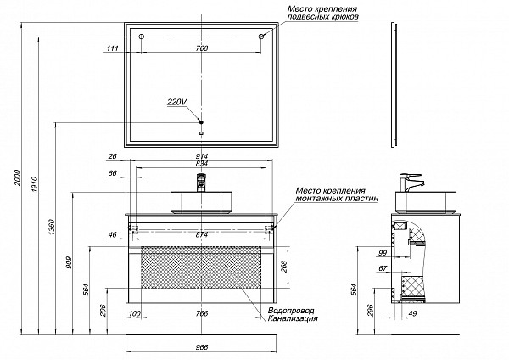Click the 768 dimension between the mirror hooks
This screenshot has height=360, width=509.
click(x=202, y=48)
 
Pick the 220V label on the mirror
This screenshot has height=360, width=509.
click(x=176, y=102)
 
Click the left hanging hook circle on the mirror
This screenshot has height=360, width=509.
click(x=142, y=37)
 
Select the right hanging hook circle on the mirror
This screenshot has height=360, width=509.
click(x=261, y=37)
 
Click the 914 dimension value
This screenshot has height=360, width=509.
click(x=202, y=156)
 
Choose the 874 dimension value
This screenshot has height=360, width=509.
click(x=202, y=234)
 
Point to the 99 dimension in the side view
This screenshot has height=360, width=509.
click(x=383, y=252)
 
